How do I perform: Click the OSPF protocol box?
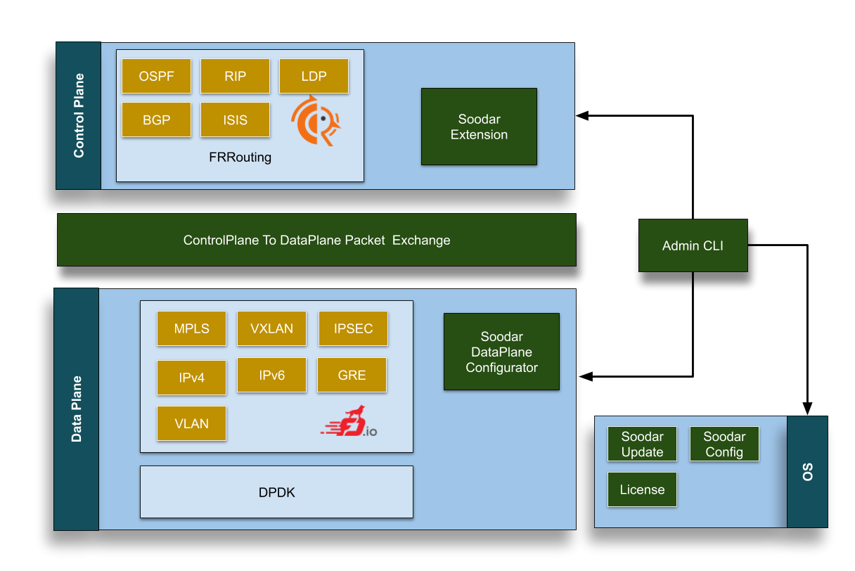tap(156, 76)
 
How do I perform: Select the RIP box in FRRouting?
tap(235, 76)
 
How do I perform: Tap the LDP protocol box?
tap(314, 76)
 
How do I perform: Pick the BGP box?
tap(156, 120)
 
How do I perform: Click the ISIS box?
tap(235, 120)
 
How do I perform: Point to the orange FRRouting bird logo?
tap(316, 121)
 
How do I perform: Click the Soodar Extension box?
tap(479, 127)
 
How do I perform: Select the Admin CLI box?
tap(693, 245)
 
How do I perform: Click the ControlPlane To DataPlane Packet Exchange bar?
tap(316, 240)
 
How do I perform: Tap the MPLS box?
tap(191, 328)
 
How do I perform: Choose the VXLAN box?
tap(271, 328)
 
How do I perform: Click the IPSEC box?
tap(353, 328)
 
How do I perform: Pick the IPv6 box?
tap(271, 375)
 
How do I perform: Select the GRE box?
tap(352, 375)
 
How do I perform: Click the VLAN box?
tap(191, 423)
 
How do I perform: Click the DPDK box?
tap(276, 492)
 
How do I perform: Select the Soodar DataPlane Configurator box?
tap(501, 352)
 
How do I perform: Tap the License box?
tap(642, 489)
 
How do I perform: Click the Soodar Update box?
tap(642, 444)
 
